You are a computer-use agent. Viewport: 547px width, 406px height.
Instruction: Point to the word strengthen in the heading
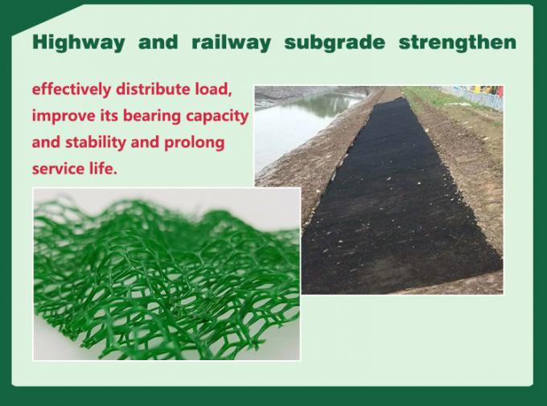(x=457, y=43)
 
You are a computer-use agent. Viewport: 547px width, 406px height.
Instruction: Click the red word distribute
(x=158, y=88)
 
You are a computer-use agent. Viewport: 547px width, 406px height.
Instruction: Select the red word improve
(x=64, y=117)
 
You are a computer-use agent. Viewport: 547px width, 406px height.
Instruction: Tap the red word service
(x=58, y=171)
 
